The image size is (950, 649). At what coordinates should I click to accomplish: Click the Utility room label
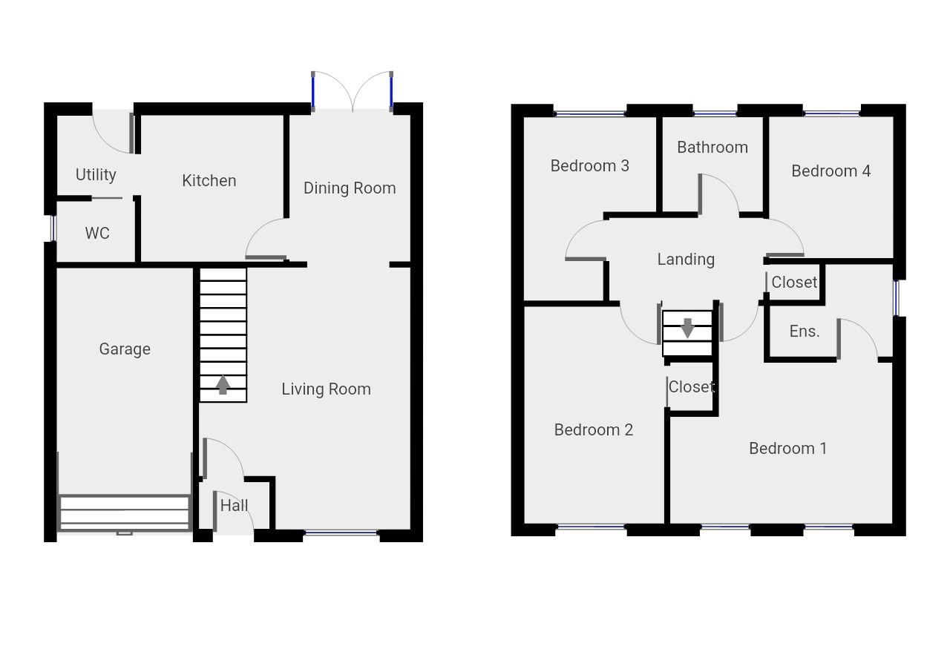96,175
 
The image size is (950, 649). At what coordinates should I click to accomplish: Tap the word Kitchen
209,181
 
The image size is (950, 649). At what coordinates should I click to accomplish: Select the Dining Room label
350,188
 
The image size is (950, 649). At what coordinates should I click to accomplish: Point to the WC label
97,234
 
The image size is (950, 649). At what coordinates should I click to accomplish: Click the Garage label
125,349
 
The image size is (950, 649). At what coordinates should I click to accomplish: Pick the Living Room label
326,389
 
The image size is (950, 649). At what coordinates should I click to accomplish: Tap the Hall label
235,506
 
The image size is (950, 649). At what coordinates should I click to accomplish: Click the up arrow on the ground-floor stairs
222,385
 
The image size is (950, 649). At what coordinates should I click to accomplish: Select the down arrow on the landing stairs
687,327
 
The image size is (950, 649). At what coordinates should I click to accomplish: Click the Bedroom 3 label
590,166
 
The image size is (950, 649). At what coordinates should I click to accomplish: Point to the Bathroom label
712,148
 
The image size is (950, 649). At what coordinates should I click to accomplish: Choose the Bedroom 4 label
831,171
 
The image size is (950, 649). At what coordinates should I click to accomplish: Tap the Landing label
686,260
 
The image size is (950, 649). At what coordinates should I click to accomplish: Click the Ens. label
805,332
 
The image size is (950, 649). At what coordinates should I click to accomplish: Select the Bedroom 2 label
594,430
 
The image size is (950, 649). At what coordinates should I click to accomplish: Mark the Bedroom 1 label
787,449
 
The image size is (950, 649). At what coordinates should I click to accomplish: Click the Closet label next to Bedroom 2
691,387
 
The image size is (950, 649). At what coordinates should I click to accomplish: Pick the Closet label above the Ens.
794,283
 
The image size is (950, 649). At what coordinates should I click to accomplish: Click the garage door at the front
125,513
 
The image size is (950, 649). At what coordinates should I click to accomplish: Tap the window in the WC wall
53,228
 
